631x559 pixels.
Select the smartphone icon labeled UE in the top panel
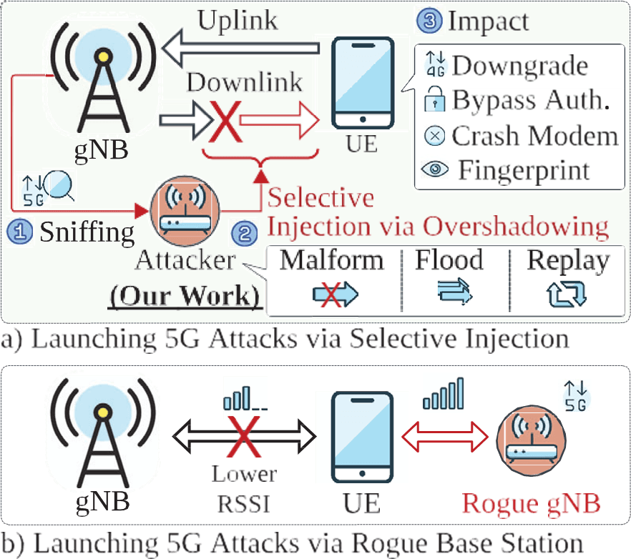coord(363,82)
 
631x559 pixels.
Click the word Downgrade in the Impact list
coord(519,66)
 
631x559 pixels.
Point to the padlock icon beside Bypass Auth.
coord(435,101)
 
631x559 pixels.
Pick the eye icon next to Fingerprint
coord(435,170)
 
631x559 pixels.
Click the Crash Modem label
coord(534,135)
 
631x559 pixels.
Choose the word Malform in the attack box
coord(331,260)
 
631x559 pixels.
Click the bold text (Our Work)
coord(185,295)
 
